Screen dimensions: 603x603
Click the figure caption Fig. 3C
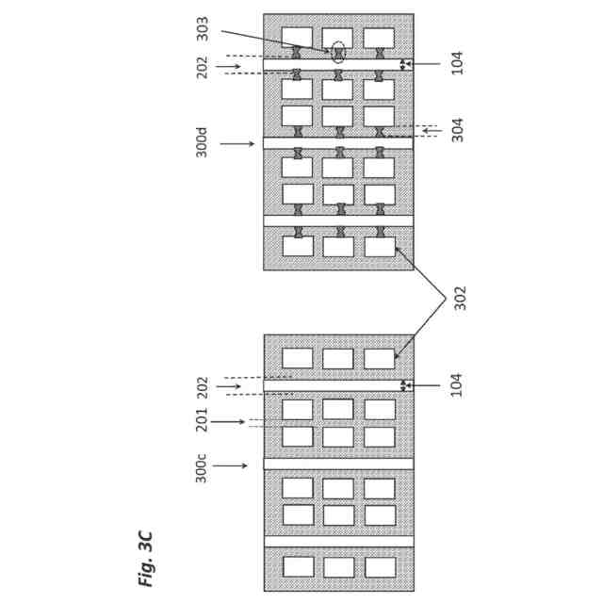145,558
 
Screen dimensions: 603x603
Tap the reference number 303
203,28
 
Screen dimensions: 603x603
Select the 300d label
202,142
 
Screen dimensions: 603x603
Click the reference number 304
458,130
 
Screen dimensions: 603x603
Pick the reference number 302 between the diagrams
460,298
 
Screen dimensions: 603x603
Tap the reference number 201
202,420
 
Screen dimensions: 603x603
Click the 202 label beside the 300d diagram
202,67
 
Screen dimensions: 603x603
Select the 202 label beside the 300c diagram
202,387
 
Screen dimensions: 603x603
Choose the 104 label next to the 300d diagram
458,63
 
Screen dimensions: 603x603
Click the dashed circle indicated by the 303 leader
338,51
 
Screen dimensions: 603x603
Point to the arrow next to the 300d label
237,143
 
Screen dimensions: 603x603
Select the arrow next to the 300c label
230,465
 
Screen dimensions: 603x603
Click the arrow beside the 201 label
228,421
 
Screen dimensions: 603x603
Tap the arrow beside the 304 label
432,130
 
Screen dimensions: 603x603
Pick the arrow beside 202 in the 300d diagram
228,66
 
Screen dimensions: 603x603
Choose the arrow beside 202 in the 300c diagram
228,386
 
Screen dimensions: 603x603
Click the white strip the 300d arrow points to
337,143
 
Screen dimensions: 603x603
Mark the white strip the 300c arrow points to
337,464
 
